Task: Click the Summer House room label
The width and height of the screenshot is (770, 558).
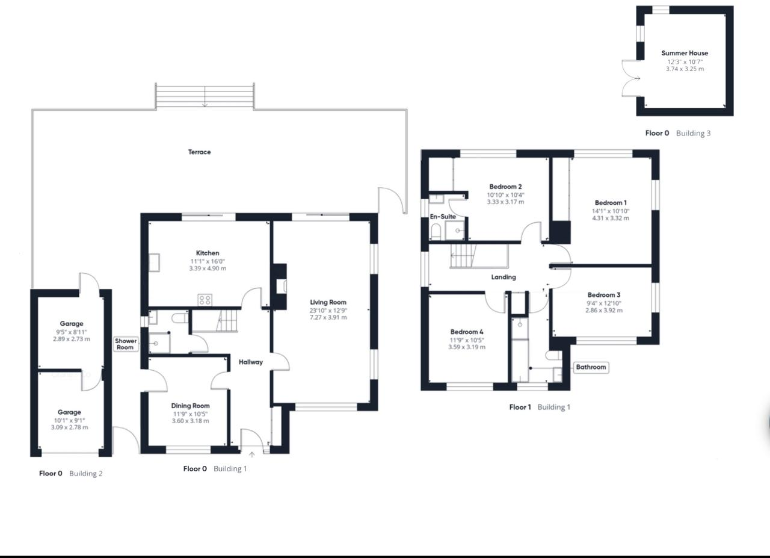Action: coord(685,53)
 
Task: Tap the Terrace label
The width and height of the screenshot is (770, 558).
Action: coord(199,152)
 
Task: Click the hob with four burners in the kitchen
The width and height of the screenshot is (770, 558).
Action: coord(205,299)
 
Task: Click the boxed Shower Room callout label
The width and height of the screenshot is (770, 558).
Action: coord(126,344)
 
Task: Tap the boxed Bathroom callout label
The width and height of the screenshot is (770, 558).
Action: coord(591,367)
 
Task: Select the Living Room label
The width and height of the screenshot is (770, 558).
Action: coord(328,302)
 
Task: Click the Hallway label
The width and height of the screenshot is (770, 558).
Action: coord(251,362)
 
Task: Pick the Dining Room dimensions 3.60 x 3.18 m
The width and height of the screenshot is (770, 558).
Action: coord(190,421)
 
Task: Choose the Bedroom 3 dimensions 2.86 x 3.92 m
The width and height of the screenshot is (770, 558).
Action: coord(604,311)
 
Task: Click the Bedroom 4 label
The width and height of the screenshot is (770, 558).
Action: coord(467,332)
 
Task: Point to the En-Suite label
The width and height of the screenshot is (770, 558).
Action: coord(442,216)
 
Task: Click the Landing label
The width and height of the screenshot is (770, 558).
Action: coord(504,277)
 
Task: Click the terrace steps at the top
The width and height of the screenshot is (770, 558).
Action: coord(205,96)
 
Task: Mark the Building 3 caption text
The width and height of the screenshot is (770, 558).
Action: coord(693,133)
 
